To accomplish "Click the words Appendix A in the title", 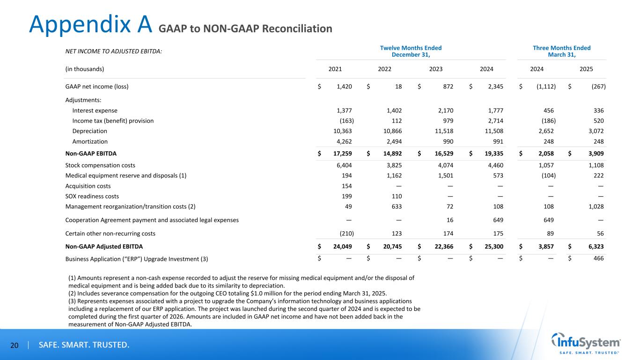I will click(90, 24).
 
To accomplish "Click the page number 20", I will click(14, 345).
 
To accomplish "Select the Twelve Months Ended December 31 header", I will click(411, 51).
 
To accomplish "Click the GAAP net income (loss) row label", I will click(97, 87).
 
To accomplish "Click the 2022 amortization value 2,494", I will click(392, 141).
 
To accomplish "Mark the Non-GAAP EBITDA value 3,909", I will click(594, 153).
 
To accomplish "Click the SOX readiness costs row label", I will click(92, 196).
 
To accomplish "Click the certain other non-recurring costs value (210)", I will click(346, 233).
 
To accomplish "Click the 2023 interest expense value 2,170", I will click(443, 110).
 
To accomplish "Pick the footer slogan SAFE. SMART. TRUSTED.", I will click(84, 345).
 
